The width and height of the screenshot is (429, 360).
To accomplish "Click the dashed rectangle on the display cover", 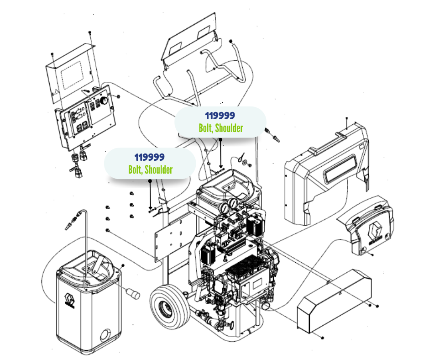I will coord(75,75).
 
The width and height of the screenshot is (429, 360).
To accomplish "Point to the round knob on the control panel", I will coord(105,99).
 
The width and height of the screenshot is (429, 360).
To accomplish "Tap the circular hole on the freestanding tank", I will coord(105,336).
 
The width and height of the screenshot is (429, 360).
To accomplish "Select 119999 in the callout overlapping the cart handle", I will coord(221,116).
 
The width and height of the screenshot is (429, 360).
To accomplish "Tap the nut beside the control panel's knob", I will coord(118,97).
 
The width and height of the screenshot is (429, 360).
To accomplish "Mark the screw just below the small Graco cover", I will coord(373,254).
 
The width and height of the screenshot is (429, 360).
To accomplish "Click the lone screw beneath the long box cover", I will coord(322,338).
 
